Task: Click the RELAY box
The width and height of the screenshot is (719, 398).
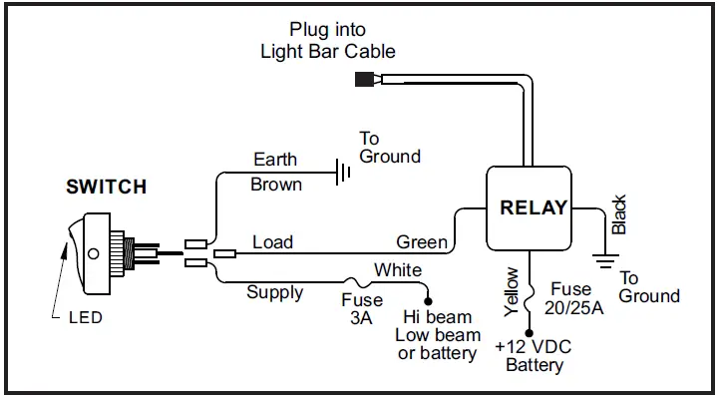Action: [534, 208]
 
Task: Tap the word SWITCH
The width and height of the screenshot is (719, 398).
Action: [106, 187]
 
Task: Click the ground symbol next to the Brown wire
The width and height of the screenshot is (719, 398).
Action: [342, 175]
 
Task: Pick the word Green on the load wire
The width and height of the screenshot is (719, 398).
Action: [422, 241]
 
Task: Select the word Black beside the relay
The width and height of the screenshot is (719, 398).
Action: [619, 215]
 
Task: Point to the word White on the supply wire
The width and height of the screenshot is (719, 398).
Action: [398, 270]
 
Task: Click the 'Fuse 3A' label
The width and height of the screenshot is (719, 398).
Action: [362, 309]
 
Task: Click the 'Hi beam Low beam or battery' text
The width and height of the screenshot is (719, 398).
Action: [437, 335]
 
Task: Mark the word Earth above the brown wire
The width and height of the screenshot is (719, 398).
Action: [275, 160]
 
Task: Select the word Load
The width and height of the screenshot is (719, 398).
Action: [273, 241]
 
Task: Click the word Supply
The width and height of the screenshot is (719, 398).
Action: [275, 292]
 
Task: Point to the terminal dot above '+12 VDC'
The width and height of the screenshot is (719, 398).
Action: [529, 334]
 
